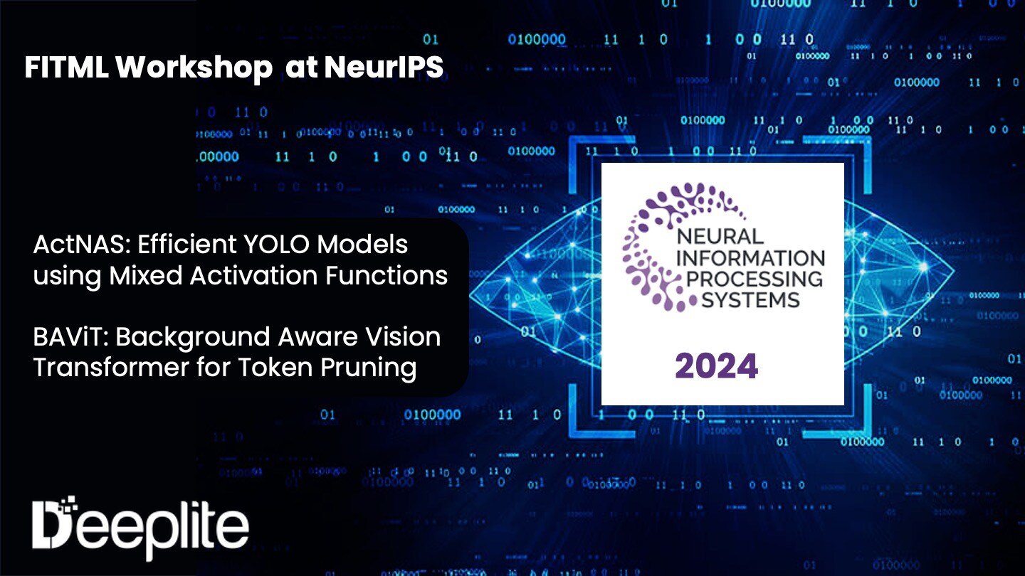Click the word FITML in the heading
pyautogui.click(x=67, y=68)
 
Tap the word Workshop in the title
pyautogui.click(x=194, y=68)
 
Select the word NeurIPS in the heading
pyautogui.click(x=384, y=68)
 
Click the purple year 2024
pyautogui.click(x=716, y=366)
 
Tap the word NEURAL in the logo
pyautogui.click(x=720, y=236)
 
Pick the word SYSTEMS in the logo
pyautogui.click(x=751, y=299)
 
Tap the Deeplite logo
pyautogui.click(x=141, y=525)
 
